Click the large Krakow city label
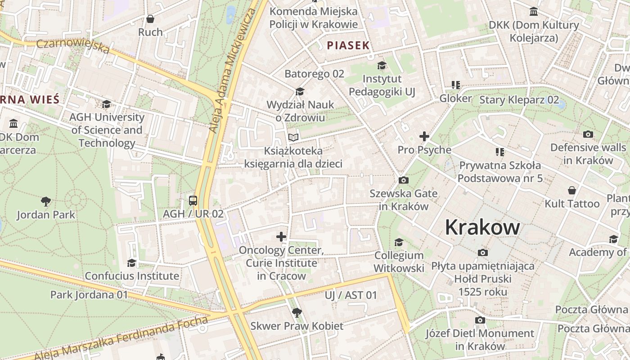click(482, 227)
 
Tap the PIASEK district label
click(348, 45)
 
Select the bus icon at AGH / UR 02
click(193, 200)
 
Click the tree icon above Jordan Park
click(45, 201)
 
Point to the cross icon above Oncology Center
click(281, 237)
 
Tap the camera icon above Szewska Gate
click(404, 180)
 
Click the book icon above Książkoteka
click(293, 137)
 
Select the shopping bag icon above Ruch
click(150, 19)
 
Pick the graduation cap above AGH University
click(107, 104)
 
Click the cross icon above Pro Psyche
click(424, 136)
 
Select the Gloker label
click(455, 98)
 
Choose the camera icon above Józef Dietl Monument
click(480, 320)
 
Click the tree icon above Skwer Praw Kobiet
click(297, 312)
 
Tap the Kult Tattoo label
click(572, 203)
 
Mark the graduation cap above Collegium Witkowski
click(399, 243)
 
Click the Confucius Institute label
click(132, 276)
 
